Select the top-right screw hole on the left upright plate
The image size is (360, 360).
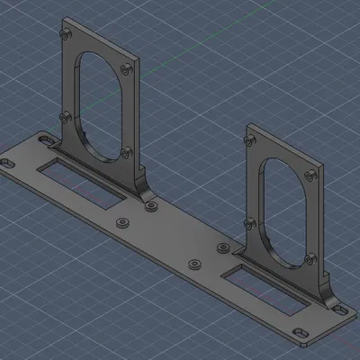pos(128,67)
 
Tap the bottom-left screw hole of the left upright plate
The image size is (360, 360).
pos(64,116)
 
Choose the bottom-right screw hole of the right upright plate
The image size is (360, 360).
pos(311,258)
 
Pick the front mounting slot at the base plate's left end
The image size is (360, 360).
pos(6,164)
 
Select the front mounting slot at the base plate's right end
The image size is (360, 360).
pos(303,335)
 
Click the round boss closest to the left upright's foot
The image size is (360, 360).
pos(150,207)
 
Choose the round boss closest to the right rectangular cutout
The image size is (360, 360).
pos(221,248)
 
